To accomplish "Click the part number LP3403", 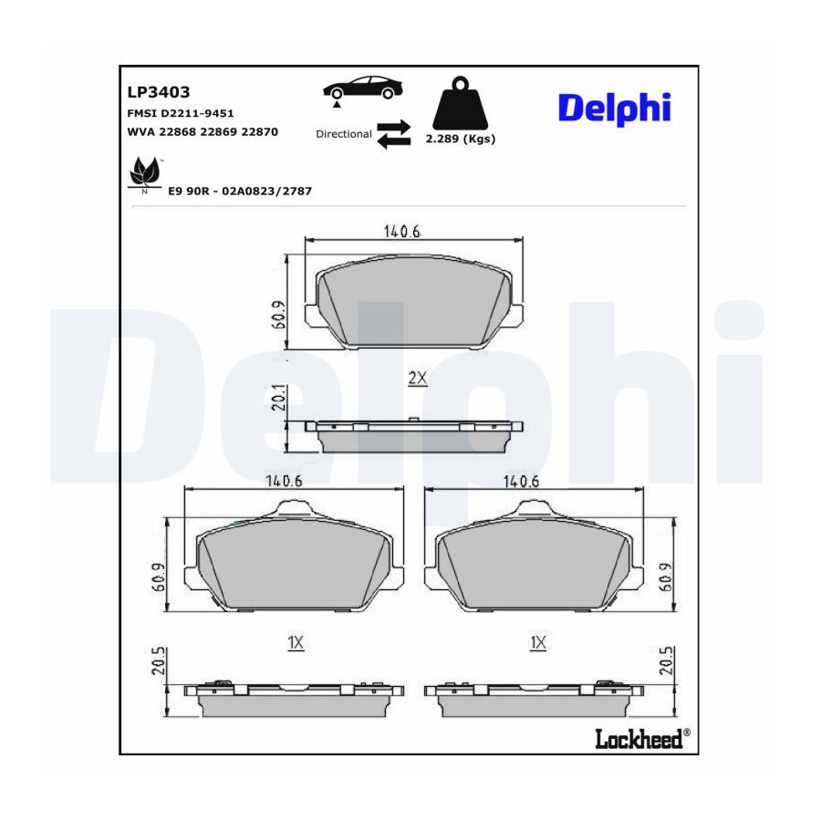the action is tap(158, 92).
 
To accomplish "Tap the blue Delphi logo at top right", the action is tap(614, 109).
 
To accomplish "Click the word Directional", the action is tap(344, 134).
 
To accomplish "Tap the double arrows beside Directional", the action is tap(394, 134).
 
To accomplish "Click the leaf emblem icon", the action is tap(145, 172).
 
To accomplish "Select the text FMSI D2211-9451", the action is tap(181, 113).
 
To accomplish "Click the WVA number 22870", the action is tap(260, 132).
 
